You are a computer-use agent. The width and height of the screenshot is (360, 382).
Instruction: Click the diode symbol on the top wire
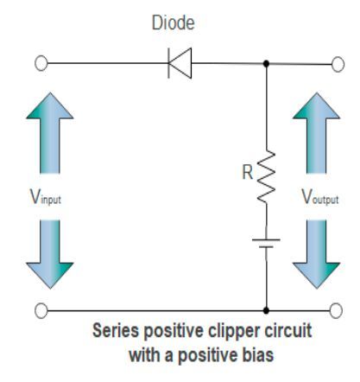(180, 63)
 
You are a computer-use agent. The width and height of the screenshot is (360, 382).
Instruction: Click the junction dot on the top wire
(266, 63)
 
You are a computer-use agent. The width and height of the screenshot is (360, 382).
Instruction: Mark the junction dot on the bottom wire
(266, 308)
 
